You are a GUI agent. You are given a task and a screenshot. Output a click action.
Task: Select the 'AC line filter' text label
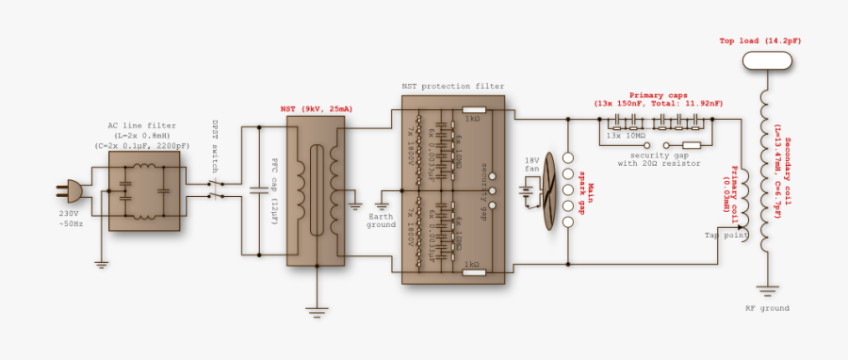pyautogui.click(x=141, y=125)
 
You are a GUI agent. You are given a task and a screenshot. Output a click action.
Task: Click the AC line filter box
pyautogui.click(x=143, y=191)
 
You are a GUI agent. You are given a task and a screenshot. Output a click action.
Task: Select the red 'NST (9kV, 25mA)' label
pyautogui.click(x=317, y=108)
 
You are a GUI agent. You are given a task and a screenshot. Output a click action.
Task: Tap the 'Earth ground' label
pyautogui.click(x=382, y=222)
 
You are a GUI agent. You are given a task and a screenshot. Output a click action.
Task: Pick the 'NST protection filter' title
pyautogui.click(x=453, y=86)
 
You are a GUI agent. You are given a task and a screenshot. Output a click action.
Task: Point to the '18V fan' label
pyautogui.click(x=532, y=164)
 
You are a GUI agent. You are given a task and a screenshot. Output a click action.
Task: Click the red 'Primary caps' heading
pyautogui.click(x=658, y=95)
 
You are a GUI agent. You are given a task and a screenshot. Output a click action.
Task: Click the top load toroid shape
pyautogui.click(x=766, y=60)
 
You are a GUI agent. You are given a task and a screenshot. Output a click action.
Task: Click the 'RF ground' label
pyautogui.click(x=767, y=308)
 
